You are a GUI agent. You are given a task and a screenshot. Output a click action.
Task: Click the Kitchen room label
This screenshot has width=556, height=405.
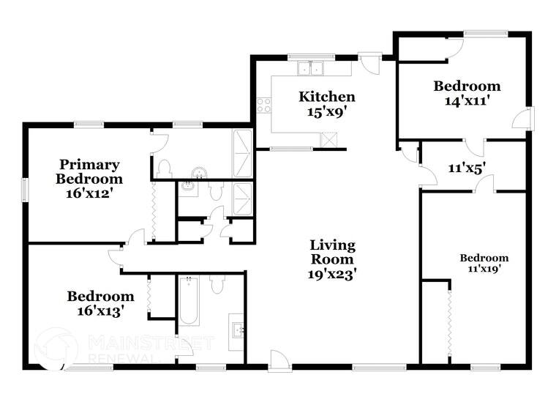[x=327, y=97]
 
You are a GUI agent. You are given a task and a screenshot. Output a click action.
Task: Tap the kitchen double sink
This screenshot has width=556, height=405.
[x=312, y=68]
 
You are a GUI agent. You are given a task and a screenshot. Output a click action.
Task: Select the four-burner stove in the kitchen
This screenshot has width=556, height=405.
[x=263, y=105]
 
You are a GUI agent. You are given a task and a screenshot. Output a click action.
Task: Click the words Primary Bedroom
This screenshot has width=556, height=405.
[x=90, y=171]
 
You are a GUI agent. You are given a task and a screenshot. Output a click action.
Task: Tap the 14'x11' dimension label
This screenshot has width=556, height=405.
[x=467, y=100]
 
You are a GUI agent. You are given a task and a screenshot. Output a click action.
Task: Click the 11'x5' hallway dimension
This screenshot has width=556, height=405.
[x=467, y=168]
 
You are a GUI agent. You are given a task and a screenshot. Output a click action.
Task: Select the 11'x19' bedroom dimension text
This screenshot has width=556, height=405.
[x=484, y=269]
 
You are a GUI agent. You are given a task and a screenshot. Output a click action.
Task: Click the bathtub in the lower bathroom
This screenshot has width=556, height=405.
[x=188, y=300]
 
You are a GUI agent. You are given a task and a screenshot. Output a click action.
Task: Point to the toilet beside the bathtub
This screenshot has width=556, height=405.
[x=217, y=283]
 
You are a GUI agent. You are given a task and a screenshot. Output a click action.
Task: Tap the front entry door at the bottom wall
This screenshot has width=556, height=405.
[x=279, y=361]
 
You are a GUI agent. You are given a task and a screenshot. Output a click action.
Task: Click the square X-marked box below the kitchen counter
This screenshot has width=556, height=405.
[x=330, y=139]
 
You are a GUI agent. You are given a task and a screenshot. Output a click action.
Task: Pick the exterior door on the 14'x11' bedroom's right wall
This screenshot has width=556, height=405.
[x=525, y=119]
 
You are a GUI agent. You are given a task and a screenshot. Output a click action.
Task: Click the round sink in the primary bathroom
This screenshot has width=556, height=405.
[x=198, y=173]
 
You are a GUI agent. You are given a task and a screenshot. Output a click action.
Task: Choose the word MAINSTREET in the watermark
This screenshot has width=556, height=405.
[x=151, y=343]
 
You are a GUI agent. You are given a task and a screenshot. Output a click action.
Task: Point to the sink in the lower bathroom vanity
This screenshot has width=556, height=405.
[x=237, y=327]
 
